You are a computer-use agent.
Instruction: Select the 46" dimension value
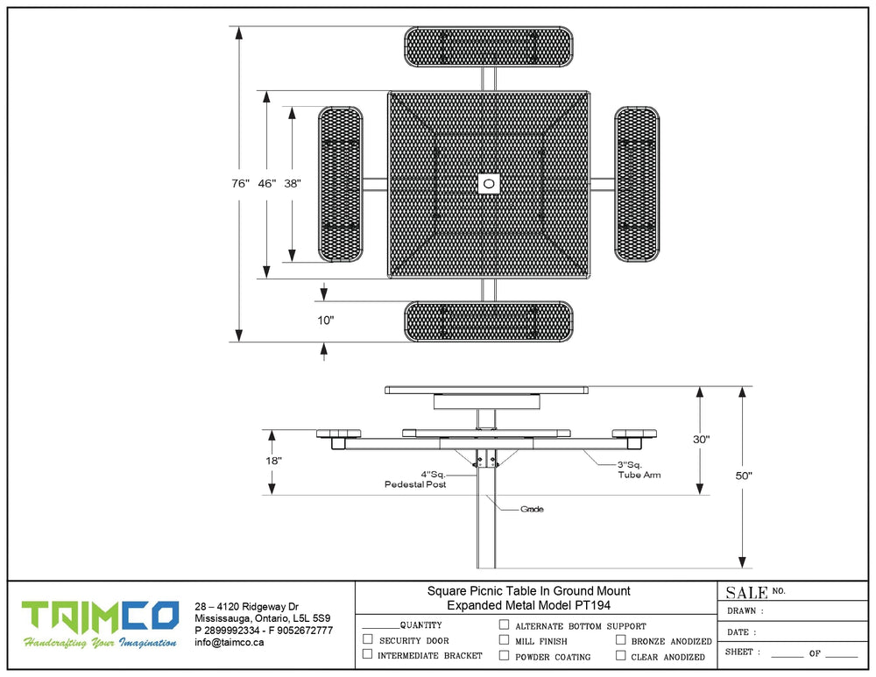[267, 184]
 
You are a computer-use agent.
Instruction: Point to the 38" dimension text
[293, 184]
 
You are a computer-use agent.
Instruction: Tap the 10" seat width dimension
[326, 321]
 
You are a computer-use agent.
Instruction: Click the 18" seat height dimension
[274, 461]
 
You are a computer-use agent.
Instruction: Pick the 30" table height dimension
[701, 440]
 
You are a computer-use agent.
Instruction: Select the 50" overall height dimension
[744, 476]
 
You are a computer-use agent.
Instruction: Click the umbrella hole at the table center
[489, 184]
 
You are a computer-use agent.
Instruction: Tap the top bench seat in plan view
[489, 46]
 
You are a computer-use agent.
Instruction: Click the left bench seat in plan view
[341, 184]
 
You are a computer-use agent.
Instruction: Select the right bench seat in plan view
[637, 184]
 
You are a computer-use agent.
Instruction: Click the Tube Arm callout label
[639, 475]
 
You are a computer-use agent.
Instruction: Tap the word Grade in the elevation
[532, 509]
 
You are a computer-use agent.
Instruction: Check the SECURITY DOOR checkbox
[367, 640]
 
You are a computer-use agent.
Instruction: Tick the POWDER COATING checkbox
[504, 655]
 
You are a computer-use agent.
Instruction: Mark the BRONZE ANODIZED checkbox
[621, 640]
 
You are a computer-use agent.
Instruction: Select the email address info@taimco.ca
[230, 642]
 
